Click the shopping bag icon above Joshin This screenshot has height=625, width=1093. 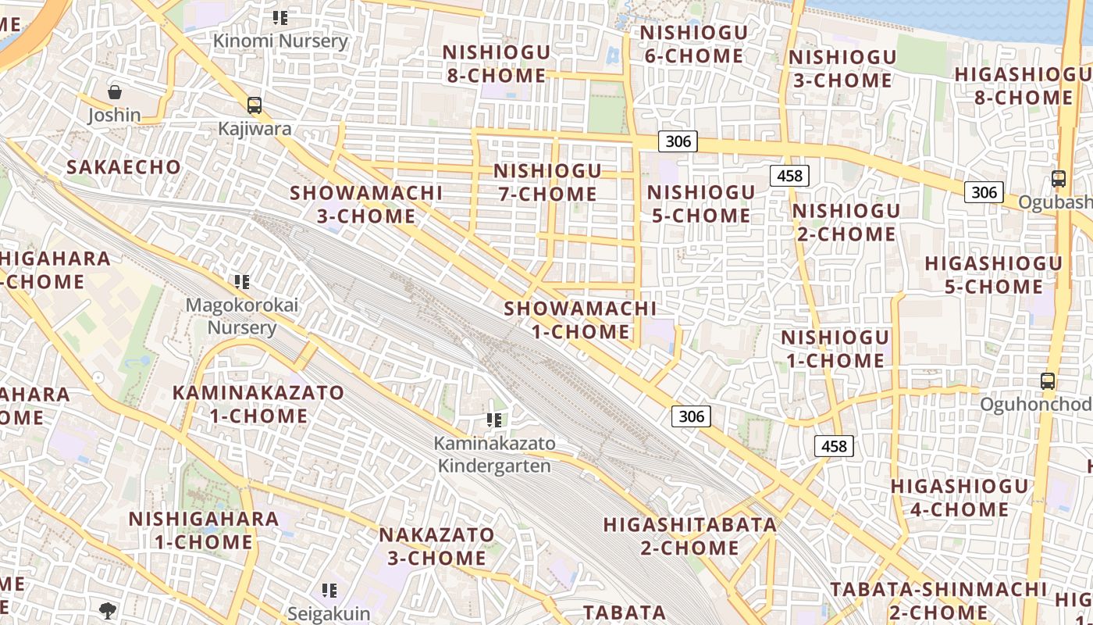point(115,92)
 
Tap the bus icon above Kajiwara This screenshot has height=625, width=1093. point(254,105)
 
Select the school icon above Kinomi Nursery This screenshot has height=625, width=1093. point(280,17)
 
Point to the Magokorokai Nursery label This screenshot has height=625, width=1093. point(242,316)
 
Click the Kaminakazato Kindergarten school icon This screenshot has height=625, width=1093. point(494,420)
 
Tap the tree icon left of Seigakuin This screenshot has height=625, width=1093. point(108,609)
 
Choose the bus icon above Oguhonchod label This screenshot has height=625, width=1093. point(1048,381)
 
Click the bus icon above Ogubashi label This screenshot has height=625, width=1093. point(1059,179)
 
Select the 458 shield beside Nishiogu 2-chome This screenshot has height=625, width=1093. point(789,176)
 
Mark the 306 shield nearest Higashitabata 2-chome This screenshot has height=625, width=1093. point(692,416)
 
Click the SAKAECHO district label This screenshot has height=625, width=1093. point(123,167)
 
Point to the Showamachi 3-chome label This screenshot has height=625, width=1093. point(366,204)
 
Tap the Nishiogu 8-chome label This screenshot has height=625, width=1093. point(497,64)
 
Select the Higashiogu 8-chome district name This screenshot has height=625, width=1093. point(1023,86)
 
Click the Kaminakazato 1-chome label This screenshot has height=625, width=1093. point(258,404)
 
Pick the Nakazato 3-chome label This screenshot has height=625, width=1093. point(436,546)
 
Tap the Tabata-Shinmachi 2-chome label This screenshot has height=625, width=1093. point(938,600)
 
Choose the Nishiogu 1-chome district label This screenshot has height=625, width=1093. point(835,348)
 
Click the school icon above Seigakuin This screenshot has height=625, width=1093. point(329,591)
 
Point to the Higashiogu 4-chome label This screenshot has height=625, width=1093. point(959,498)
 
